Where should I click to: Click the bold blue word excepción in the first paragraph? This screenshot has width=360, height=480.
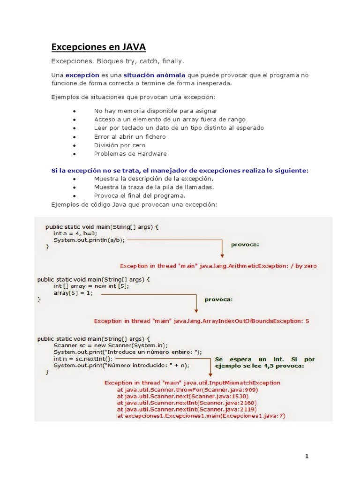[82, 75]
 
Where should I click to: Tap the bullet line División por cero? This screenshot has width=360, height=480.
[120, 145]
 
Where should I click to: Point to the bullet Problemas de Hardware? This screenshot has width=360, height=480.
[130, 153]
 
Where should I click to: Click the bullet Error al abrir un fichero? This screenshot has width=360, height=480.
[129, 136]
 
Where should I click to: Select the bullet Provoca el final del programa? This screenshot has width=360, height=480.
[140, 195]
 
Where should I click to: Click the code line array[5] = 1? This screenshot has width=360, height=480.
[73, 293]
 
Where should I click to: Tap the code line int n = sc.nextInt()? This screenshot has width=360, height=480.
[83, 358]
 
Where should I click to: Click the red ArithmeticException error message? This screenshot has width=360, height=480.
[218, 266]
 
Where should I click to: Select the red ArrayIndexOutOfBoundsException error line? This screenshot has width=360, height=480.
[202, 321]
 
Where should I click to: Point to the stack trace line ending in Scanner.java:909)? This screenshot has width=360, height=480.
[187, 389]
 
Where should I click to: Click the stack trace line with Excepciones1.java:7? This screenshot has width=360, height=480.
[201, 415]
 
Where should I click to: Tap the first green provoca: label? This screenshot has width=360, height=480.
[245, 244]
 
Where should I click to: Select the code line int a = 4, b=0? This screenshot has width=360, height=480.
[75, 233]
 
